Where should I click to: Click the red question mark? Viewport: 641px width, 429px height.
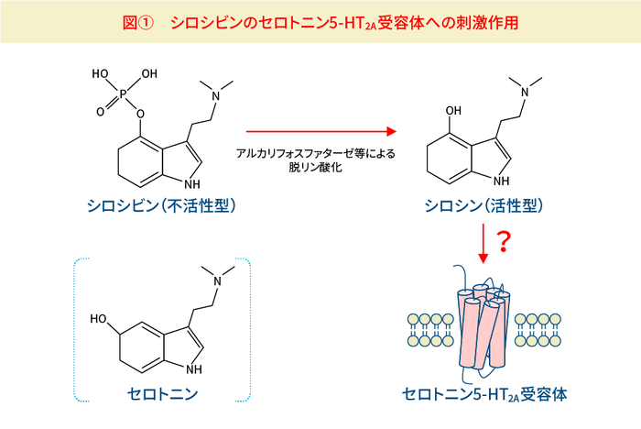point(504,242)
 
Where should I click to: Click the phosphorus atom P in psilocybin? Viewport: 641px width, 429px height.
point(123,94)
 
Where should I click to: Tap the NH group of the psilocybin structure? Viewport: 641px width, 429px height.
point(191,184)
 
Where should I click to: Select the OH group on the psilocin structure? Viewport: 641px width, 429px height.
point(453,111)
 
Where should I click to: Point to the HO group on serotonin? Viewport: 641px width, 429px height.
point(98,318)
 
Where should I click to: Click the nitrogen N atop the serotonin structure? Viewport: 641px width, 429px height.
point(218,280)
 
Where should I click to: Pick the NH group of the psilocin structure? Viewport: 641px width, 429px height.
point(501,181)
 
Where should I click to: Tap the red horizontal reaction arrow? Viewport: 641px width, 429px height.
point(321,131)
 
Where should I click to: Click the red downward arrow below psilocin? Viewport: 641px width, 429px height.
point(483,243)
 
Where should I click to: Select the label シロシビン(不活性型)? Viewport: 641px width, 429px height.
point(161,205)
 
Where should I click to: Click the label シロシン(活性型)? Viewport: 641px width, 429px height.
point(484,205)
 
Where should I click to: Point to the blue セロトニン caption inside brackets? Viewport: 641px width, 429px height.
point(162,394)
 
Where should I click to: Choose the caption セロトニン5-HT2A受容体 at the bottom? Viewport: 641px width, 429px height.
point(484,394)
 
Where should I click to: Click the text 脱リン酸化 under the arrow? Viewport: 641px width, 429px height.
point(315,168)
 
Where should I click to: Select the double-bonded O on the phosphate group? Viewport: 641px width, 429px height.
point(101,112)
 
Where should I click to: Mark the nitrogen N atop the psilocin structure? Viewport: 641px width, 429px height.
point(526,92)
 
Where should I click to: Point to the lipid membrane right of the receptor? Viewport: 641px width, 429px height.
point(538,330)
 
